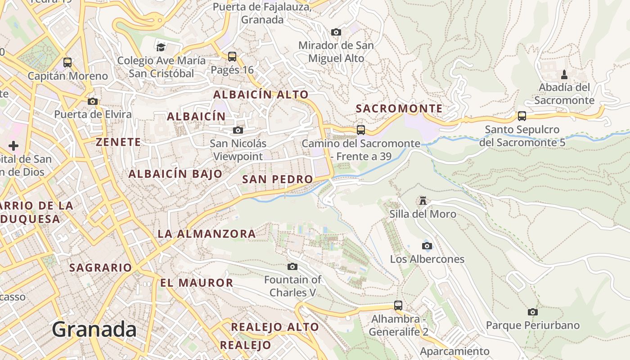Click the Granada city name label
[94, 329]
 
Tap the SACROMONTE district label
[399, 108]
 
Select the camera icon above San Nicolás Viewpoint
[238, 130]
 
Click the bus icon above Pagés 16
[232, 57]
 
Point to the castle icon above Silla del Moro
[423, 200]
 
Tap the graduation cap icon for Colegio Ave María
[161, 47]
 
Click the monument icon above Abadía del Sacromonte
[564, 74]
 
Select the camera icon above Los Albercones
[427, 246]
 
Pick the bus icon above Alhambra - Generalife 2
[398, 306]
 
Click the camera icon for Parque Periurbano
[533, 312]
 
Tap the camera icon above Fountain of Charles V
[292, 266]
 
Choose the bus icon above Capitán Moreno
[67, 63]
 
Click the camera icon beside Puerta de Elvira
[93, 101]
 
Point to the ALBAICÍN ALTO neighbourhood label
[261, 94]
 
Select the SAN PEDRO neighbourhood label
[277, 179]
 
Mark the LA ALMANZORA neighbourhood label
[207, 234]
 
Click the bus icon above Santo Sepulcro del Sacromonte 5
[522, 116]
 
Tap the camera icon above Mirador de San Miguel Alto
[336, 32]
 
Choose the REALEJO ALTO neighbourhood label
[275, 327]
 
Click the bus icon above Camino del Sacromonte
[361, 130]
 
